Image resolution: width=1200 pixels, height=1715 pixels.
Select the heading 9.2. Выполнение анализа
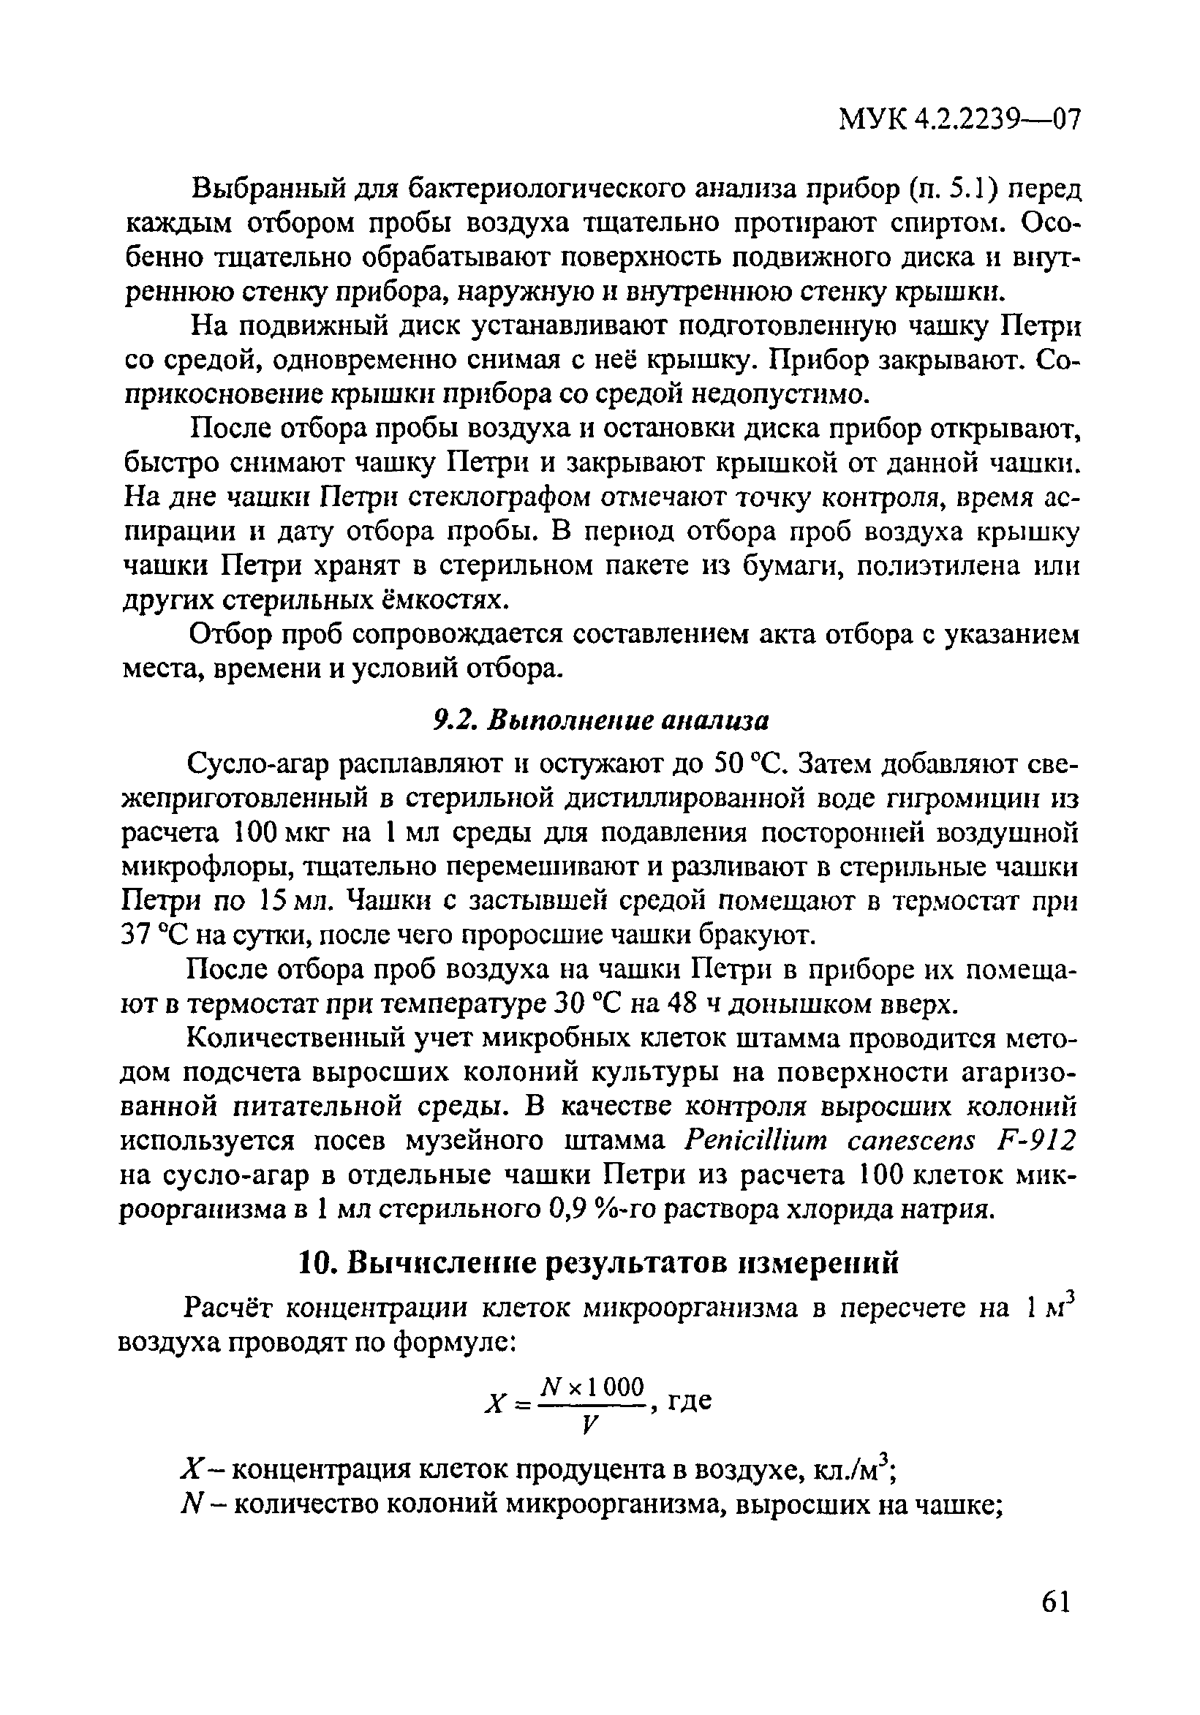coord(601,721)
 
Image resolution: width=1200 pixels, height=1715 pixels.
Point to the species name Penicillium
coord(758,1142)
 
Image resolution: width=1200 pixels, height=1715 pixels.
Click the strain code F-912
coord(1036,1142)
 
